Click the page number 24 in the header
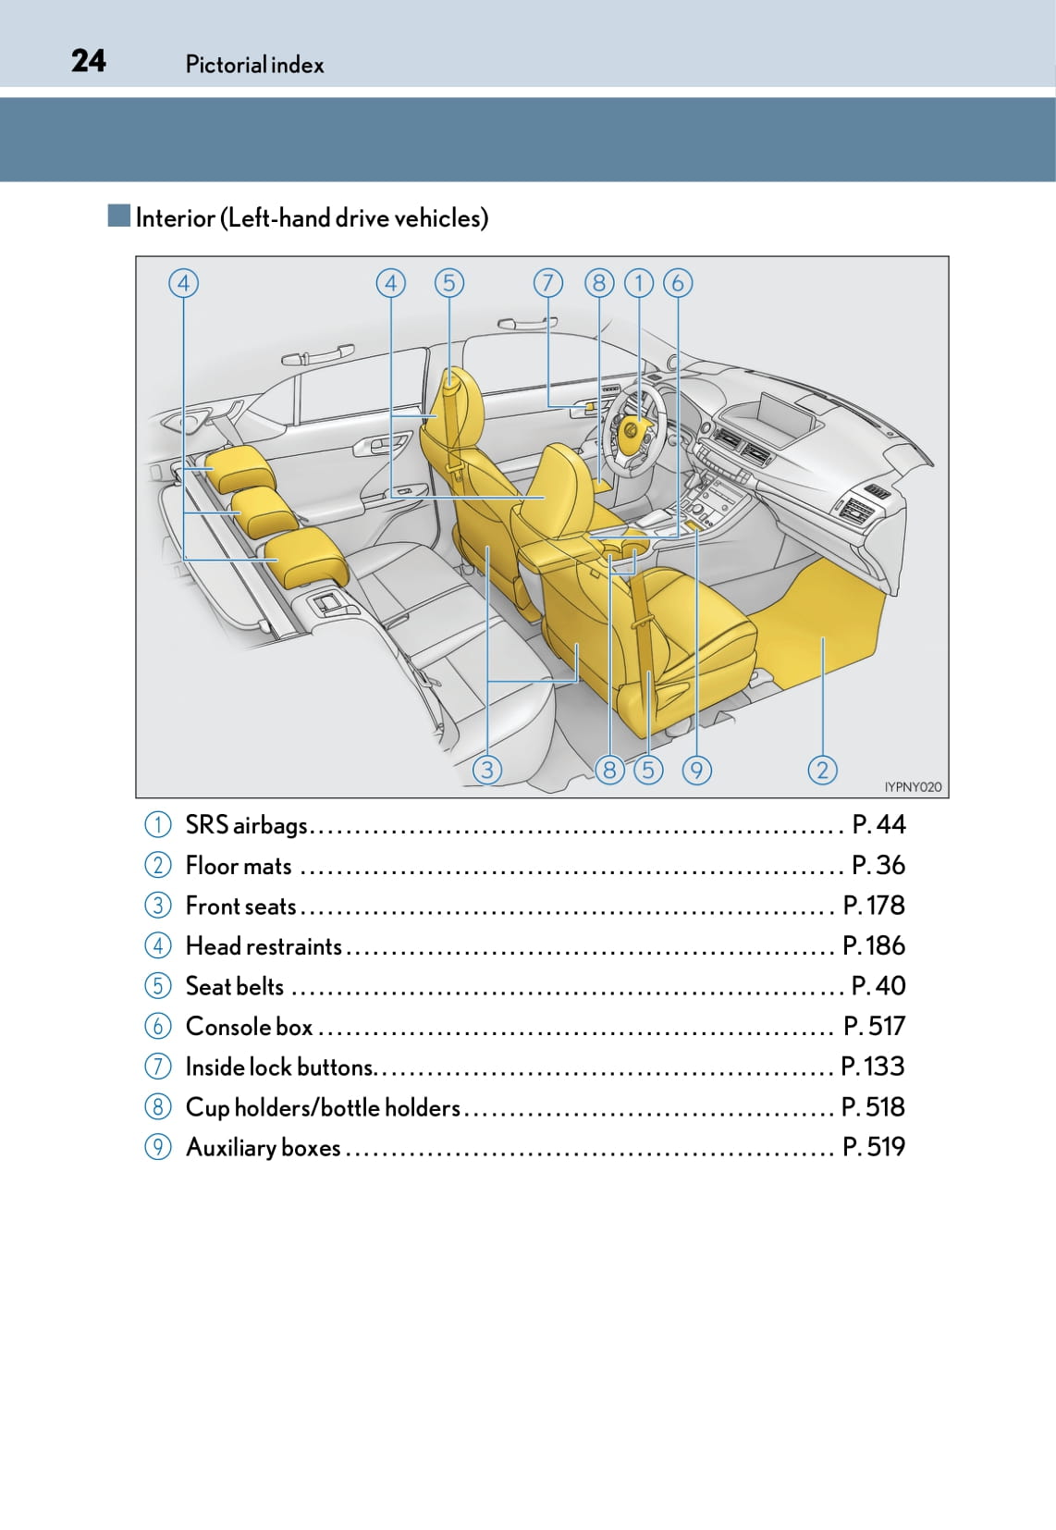click(x=89, y=61)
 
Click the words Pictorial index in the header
click(x=254, y=65)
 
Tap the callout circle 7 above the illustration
click(x=547, y=282)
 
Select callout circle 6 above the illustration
click(x=678, y=282)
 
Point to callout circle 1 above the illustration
click(x=638, y=282)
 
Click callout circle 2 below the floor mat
click(x=822, y=769)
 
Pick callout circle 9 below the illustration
click(x=696, y=769)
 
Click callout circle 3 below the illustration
click(x=487, y=769)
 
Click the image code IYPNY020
click(x=912, y=786)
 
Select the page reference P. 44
click(x=878, y=824)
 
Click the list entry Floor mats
click(x=239, y=866)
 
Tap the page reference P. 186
click(x=874, y=945)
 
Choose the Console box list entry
click(x=249, y=1027)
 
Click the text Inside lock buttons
click(x=279, y=1067)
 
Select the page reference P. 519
click(x=874, y=1147)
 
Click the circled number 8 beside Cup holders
click(x=158, y=1107)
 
